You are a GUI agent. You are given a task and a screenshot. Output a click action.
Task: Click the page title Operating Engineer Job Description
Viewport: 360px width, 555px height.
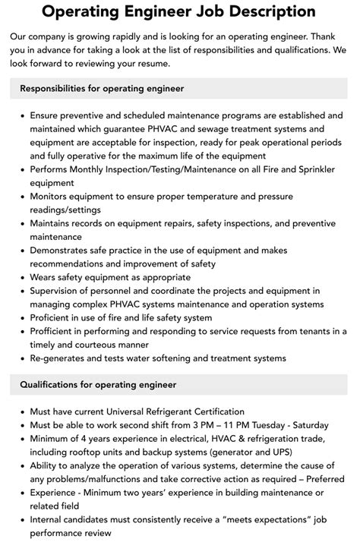(179, 11)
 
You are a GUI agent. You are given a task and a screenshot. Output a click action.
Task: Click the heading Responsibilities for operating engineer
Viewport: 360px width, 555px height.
(102, 89)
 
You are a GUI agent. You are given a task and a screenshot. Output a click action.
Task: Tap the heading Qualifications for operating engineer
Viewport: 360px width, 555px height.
(98, 385)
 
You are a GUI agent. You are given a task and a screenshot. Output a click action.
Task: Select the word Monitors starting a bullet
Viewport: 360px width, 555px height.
(54, 196)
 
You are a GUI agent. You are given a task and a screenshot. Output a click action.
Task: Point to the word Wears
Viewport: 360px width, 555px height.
(45, 277)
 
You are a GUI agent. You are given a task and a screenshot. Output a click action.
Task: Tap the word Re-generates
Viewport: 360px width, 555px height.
(62, 358)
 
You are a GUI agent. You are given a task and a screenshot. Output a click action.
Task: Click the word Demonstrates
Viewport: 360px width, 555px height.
(65, 250)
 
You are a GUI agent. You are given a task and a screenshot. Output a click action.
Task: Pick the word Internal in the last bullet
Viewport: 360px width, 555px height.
(49, 520)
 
